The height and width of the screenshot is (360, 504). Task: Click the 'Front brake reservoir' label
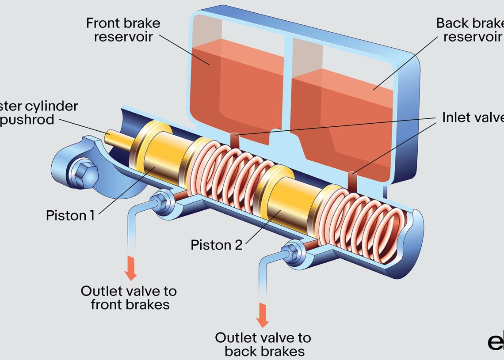pyautogui.click(x=123, y=30)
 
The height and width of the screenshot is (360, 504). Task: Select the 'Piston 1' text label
pyautogui.click(x=70, y=215)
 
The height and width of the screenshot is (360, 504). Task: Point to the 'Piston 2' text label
pyautogui.click(x=217, y=245)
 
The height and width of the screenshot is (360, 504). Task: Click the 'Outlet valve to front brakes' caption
pyautogui.click(x=129, y=298)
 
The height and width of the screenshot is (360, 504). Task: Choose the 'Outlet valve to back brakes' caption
pyautogui.click(x=263, y=345)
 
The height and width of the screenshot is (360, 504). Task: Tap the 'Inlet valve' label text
pyautogui.click(x=472, y=117)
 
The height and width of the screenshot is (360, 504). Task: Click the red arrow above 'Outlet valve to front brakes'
pyautogui.click(x=130, y=267)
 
